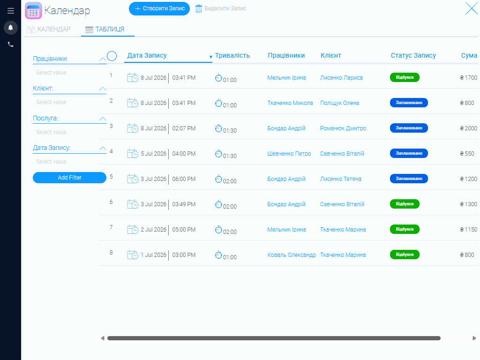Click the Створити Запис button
pyautogui.click(x=159, y=8)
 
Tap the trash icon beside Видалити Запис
pyautogui.click(x=199, y=8)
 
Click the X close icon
pyautogui.click(x=472, y=8)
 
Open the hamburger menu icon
pyautogui.click(x=11, y=11)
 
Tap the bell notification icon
pyautogui.click(x=10, y=28)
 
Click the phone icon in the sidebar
pyautogui.click(x=10, y=45)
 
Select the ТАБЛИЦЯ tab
pyautogui.click(x=105, y=30)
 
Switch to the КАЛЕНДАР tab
pyautogui.click(x=49, y=30)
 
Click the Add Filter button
pyautogui.click(x=69, y=178)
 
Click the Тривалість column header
pyautogui.click(x=232, y=55)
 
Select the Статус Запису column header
pyautogui.click(x=413, y=55)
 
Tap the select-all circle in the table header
pyautogui.click(x=112, y=56)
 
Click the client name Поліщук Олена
pyautogui.click(x=339, y=103)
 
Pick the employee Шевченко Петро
pyautogui.click(x=289, y=154)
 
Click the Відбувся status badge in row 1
pyautogui.click(x=405, y=77)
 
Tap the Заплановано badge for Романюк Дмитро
pyautogui.click(x=409, y=128)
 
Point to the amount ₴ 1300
pyautogui.click(x=468, y=204)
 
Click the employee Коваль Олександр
pyautogui.click(x=292, y=255)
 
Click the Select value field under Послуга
pyautogui.click(x=51, y=132)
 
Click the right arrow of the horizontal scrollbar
pyautogui.click(x=474, y=338)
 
